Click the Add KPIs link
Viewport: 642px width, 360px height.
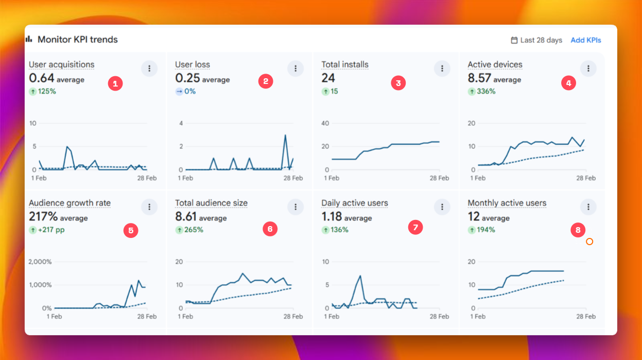585,40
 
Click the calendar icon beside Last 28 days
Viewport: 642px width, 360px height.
514,40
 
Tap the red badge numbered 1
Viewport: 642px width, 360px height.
115,83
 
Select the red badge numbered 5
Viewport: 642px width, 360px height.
131,230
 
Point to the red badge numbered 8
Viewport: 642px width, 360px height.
578,230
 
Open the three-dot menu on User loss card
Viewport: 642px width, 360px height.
296,68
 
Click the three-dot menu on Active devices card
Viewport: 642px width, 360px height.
588,68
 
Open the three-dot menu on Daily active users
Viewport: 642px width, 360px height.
442,207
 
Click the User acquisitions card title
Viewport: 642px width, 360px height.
61,64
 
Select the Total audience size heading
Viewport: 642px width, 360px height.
211,203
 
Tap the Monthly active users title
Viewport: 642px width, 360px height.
507,203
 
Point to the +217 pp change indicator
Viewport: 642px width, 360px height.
50,230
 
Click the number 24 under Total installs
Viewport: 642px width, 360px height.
328,78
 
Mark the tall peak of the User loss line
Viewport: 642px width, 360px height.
285,135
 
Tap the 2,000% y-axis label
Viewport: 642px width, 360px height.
40,262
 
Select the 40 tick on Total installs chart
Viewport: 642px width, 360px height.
325,123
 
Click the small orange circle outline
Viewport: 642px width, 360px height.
589,242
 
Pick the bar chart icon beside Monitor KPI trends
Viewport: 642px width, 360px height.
29,39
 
